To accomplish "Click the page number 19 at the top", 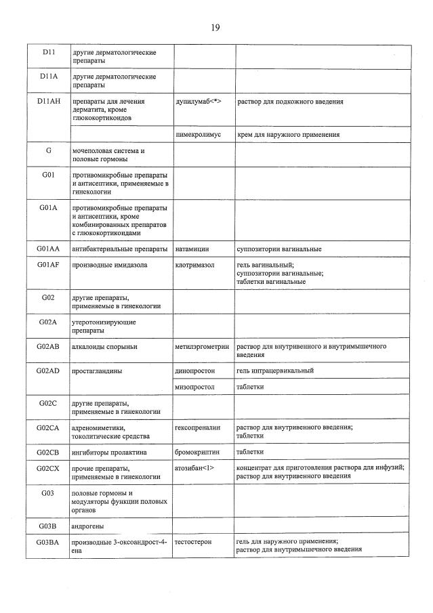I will pos(215,28).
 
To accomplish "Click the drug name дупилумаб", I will pos(194,101).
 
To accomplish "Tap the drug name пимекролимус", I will pos(198,135).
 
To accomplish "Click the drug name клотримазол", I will pos(194,265).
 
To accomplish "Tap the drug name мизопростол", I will pos(194,387).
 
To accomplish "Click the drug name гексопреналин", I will pos(198,427).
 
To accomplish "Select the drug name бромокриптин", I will pos(197,451).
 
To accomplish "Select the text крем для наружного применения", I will pos(288,135).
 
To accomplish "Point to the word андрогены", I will pos(91,525).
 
